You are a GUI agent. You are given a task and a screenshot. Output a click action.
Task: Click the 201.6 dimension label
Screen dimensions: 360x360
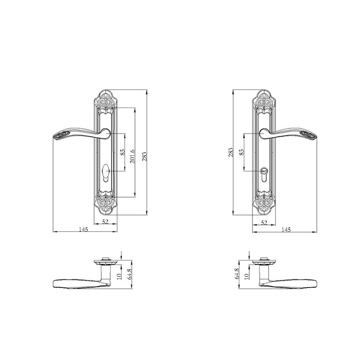point(132,156)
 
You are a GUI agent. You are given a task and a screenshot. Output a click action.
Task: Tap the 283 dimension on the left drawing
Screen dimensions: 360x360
point(144,156)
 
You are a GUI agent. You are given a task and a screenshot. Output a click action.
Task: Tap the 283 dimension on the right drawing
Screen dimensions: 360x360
point(231,152)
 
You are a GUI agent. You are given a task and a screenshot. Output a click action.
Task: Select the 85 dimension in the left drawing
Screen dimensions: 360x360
point(122,152)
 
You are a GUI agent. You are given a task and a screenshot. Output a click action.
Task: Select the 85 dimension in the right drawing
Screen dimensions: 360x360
point(242,152)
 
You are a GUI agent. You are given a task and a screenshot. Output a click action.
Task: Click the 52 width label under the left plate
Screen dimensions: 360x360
point(105,221)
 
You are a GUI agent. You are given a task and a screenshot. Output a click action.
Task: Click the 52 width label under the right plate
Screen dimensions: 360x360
point(264,222)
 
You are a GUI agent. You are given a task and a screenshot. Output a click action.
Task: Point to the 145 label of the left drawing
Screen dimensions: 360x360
point(83,229)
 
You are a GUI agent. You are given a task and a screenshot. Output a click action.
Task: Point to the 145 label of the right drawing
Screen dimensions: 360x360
point(286,229)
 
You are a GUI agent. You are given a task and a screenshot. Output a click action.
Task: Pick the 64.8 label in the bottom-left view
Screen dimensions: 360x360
point(129,274)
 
